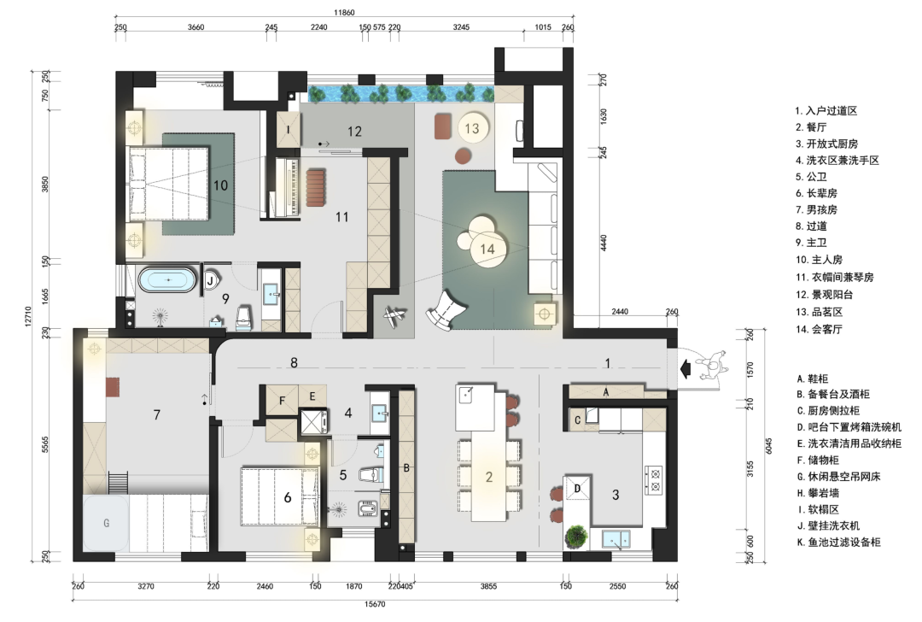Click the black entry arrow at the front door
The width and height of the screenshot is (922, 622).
685,368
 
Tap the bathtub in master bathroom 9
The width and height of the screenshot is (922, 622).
167,280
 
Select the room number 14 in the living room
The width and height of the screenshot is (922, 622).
487,249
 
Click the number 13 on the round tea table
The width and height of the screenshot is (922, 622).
472,128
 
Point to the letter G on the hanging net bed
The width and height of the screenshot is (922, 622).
107,523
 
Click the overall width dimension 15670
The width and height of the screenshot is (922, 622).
375,604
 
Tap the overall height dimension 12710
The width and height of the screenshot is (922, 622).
27,316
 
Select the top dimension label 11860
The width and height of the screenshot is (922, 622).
344,12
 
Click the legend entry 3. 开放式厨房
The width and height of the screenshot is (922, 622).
826,144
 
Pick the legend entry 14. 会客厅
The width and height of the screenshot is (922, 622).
819,330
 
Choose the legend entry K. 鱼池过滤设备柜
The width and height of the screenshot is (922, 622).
838,543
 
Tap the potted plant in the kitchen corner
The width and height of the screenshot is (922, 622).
576,537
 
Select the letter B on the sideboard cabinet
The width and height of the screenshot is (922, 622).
406,468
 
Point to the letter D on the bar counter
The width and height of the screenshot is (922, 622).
577,489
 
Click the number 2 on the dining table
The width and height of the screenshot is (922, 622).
488,478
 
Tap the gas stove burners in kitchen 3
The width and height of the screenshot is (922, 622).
654,479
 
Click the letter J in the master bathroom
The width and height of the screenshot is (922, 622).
210,281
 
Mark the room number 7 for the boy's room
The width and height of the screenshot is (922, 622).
156,415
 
